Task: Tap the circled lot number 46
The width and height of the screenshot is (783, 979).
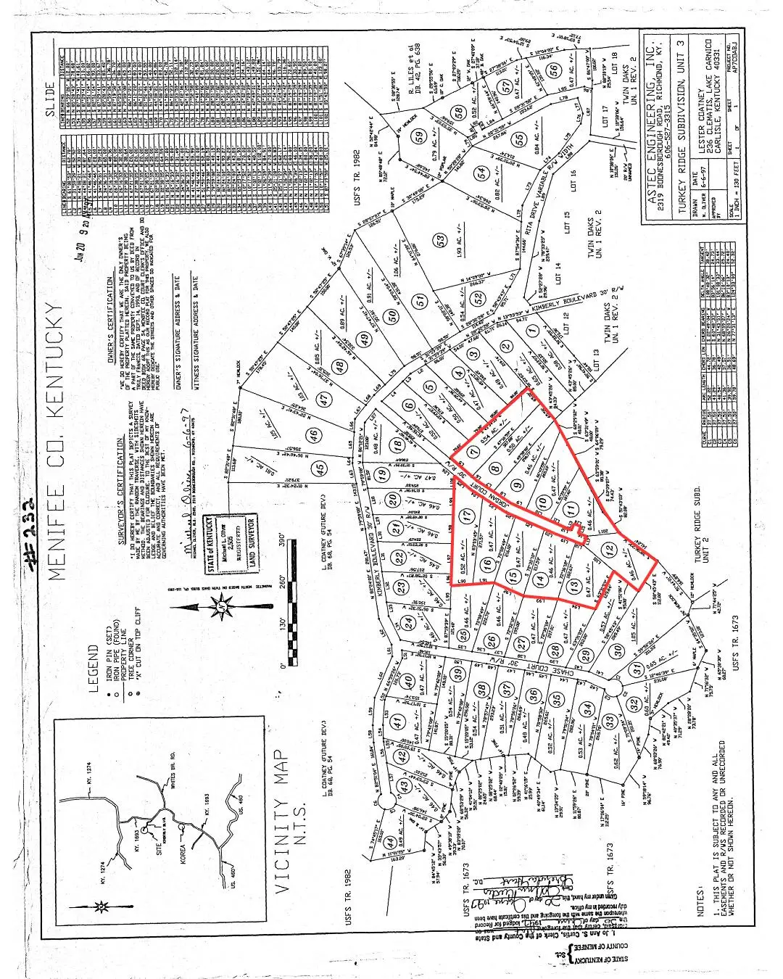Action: (313, 435)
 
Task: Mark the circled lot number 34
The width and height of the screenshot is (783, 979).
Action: (588, 708)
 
